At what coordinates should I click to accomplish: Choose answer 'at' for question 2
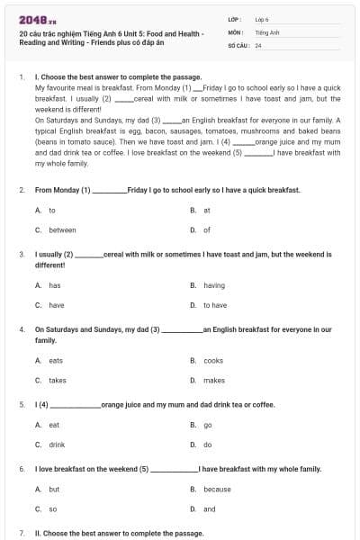tap(207, 210)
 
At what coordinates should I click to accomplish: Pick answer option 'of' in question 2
tap(207, 229)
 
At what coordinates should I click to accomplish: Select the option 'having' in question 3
tap(214, 285)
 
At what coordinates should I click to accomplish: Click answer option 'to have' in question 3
tap(215, 305)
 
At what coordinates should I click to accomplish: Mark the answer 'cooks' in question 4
tap(213, 360)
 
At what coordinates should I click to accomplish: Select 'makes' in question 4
tap(214, 380)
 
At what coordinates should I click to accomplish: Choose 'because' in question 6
tap(217, 490)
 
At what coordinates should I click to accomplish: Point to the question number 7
tap(22, 534)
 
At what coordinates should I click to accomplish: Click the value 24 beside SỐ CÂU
tap(258, 44)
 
